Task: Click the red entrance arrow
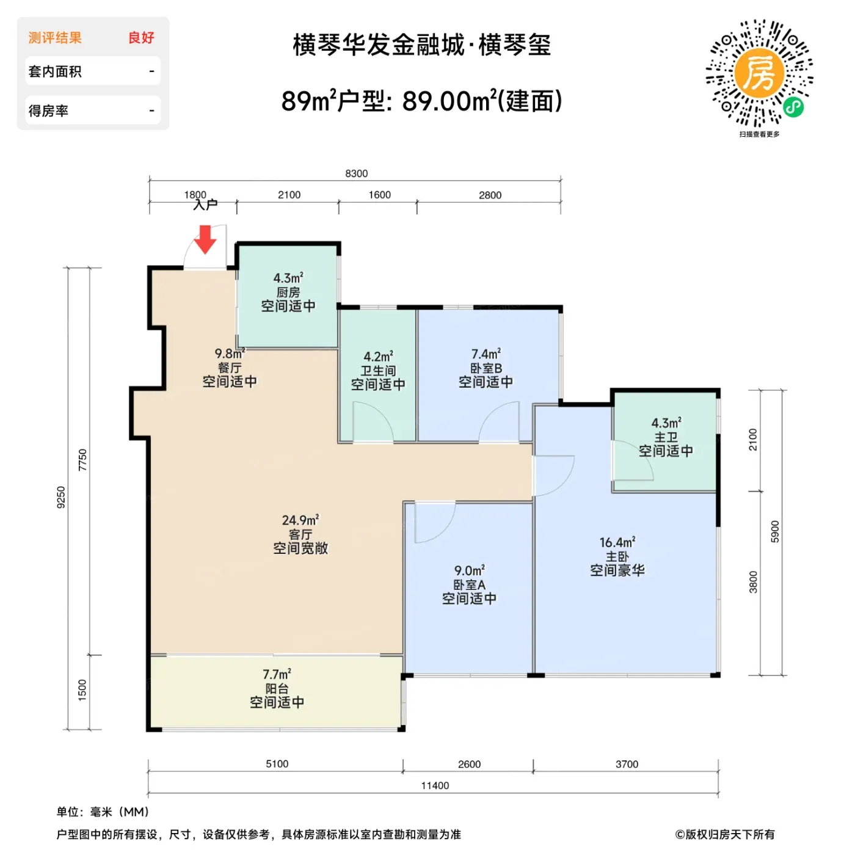point(205,239)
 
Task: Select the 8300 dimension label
point(356,173)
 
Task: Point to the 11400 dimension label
point(435,786)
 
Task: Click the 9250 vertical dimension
point(61,497)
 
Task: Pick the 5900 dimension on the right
point(774,531)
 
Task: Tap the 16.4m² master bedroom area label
point(617,542)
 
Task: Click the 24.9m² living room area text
point(300,520)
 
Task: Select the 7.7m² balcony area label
point(277,674)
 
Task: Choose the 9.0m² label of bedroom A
point(470,570)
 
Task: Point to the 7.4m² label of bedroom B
point(486,354)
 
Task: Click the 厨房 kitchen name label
point(288,293)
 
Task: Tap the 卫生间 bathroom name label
point(378,371)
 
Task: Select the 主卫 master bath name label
point(666,437)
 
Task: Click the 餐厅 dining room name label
point(230,368)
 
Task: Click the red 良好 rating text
point(141,38)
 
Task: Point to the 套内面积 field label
point(55,71)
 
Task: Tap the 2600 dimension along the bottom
point(469,764)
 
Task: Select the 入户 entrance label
point(205,205)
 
